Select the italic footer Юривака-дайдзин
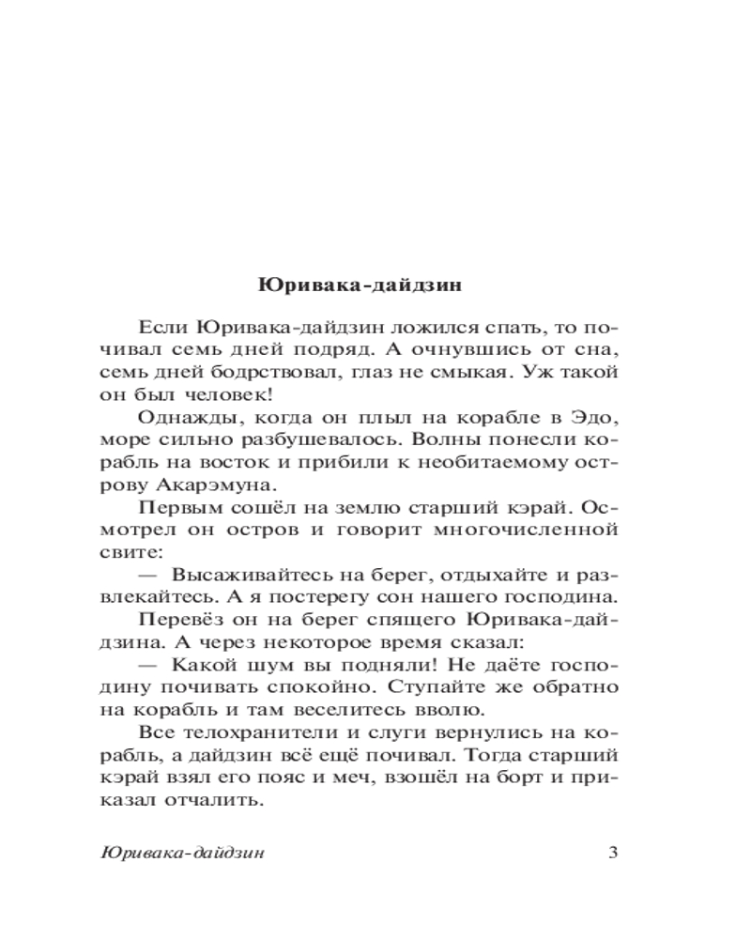point(181,854)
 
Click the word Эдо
point(596,418)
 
